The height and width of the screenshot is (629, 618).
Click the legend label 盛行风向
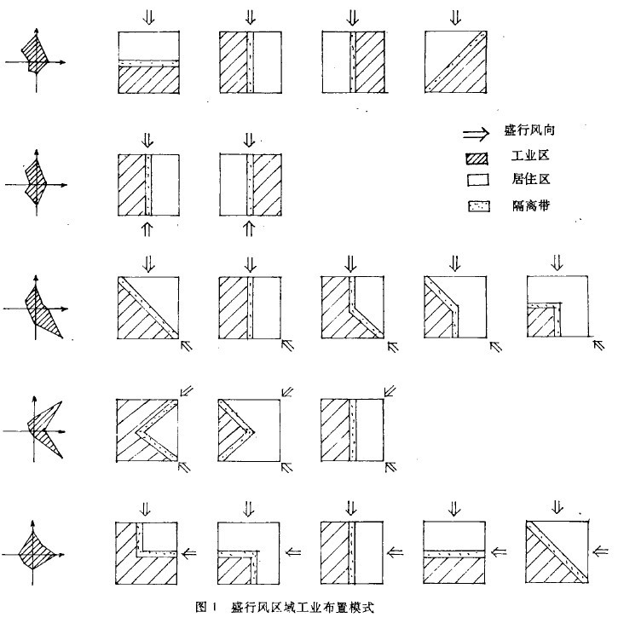pyautogui.click(x=529, y=130)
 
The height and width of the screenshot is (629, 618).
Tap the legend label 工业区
pyautogui.click(x=530, y=156)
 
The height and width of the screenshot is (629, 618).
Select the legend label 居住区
pyautogui.click(x=530, y=179)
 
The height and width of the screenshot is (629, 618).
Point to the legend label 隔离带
pyautogui.click(x=530, y=205)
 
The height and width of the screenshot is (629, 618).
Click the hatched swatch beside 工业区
pyautogui.click(x=477, y=159)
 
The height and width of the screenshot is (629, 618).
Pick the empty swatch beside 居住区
pyautogui.click(x=478, y=180)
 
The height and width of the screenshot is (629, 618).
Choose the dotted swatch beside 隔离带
pyautogui.click(x=479, y=206)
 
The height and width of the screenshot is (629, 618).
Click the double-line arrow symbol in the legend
pyautogui.click(x=476, y=133)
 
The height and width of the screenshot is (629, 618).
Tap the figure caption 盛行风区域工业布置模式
pyautogui.click(x=302, y=607)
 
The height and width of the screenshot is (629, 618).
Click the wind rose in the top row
pyautogui.click(x=35, y=61)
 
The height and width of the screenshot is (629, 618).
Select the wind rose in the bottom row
pyautogui.click(x=33, y=552)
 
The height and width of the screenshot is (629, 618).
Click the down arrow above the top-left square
pyautogui.click(x=149, y=17)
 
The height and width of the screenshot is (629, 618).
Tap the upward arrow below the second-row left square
pyautogui.click(x=147, y=228)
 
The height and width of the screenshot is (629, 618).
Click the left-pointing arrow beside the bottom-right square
pyautogui.click(x=600, y=551)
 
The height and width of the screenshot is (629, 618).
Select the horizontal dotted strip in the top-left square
pyautogui.click(x=148, y=63)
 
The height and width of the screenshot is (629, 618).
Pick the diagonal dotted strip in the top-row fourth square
pyautogui.click(x=456, y=61)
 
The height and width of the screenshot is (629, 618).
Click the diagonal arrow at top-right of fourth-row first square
pyautogui.click(x=187, y=391)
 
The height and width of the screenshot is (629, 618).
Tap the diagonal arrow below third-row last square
pyautogui.click(x=598, y=344)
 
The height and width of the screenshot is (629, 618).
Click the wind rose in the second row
pyautogui.click(x=36, y=183)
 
